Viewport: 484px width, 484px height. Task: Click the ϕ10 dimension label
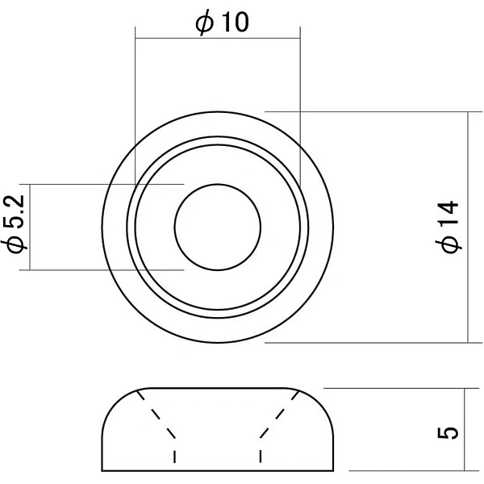223,22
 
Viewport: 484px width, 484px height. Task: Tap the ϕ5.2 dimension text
14,224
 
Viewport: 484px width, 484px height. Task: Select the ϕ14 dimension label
449,227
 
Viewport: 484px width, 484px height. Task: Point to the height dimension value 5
449,432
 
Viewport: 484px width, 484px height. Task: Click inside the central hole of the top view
218,227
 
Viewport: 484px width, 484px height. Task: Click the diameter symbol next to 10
204,23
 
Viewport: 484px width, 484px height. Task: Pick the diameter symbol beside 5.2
15,244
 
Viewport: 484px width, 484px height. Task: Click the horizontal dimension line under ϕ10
218,38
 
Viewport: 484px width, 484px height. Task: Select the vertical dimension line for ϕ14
468,227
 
